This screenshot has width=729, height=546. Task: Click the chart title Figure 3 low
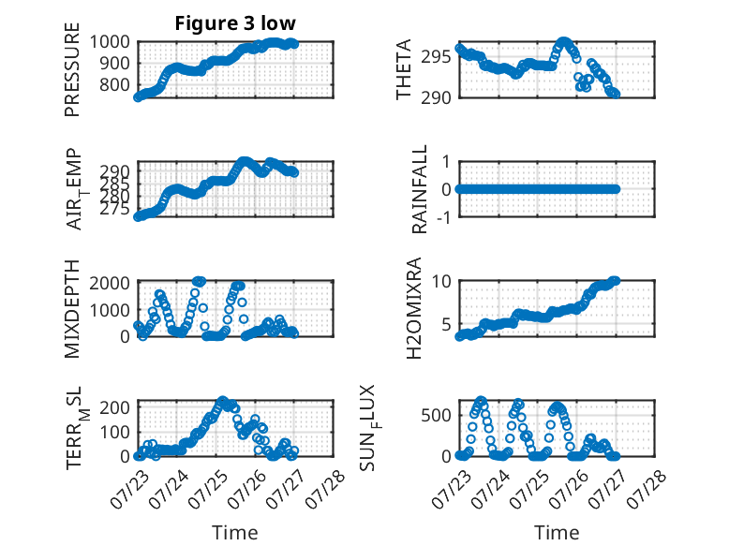pos(235,23)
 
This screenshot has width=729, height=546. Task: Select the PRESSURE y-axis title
pos(72,69)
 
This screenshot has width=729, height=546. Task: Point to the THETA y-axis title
pos(404,69)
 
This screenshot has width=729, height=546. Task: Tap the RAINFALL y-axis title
pos(420,189)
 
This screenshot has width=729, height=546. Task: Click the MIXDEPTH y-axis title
pos(72,309)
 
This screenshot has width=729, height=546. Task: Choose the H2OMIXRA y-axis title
pos(414,308)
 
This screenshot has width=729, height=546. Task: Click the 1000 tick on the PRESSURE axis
pos(110,42)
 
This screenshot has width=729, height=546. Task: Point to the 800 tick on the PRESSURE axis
pos(115,85)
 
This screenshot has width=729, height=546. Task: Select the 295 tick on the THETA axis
pos(436,57)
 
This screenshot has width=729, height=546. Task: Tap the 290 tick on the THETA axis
pos(436,97)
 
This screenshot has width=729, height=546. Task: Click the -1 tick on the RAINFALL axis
pos(444,217)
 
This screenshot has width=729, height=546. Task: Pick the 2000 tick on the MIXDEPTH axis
pos(110,283)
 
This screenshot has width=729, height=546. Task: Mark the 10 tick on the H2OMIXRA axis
pos(441,281)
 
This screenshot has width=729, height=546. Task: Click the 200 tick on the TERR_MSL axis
pos(115,407)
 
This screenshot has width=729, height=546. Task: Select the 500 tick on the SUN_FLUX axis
pos(436,416)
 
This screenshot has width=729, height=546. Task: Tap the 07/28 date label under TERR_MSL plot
pos(326,488)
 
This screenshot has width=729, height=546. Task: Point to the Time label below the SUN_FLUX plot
pos(557,533)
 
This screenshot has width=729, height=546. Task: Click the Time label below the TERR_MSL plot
pos(235,533)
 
